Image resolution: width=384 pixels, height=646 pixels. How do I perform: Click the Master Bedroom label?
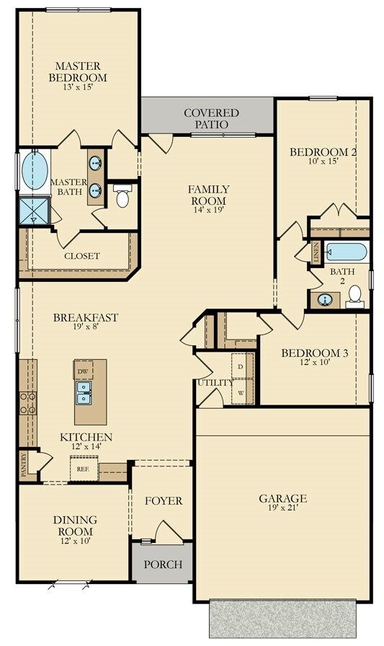point(78,72)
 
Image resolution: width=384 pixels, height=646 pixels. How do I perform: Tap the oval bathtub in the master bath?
point(35,171)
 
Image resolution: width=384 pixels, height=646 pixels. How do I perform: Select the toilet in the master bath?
point(122,196)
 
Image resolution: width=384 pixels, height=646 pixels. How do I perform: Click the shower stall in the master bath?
point(35,210)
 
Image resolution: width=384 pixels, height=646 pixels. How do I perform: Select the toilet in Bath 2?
point(354,295)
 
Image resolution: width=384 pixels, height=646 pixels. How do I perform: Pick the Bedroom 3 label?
point(315,353)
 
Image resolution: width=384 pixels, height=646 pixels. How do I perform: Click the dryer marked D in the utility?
point(241,367)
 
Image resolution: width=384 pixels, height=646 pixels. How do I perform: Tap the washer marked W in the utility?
point(241,393)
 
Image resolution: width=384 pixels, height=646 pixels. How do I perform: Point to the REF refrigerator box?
point(84,469)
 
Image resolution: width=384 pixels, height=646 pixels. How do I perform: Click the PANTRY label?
point(24,466)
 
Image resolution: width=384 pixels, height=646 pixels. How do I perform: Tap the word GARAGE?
point(283,498)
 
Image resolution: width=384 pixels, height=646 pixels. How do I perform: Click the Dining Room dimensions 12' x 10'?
point(75,540)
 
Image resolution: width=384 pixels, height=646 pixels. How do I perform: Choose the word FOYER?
point(164,501)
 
